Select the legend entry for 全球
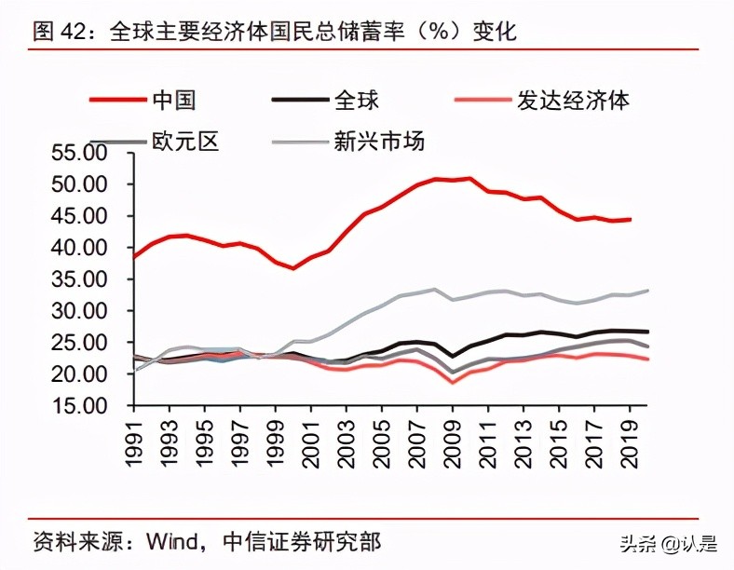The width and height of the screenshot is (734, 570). (x=355, y=99)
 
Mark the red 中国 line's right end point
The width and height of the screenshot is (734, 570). (x=631, y=220)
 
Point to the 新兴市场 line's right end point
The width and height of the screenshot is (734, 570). (x=648, y=291)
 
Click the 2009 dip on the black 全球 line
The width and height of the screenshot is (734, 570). (x=454, y=356)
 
